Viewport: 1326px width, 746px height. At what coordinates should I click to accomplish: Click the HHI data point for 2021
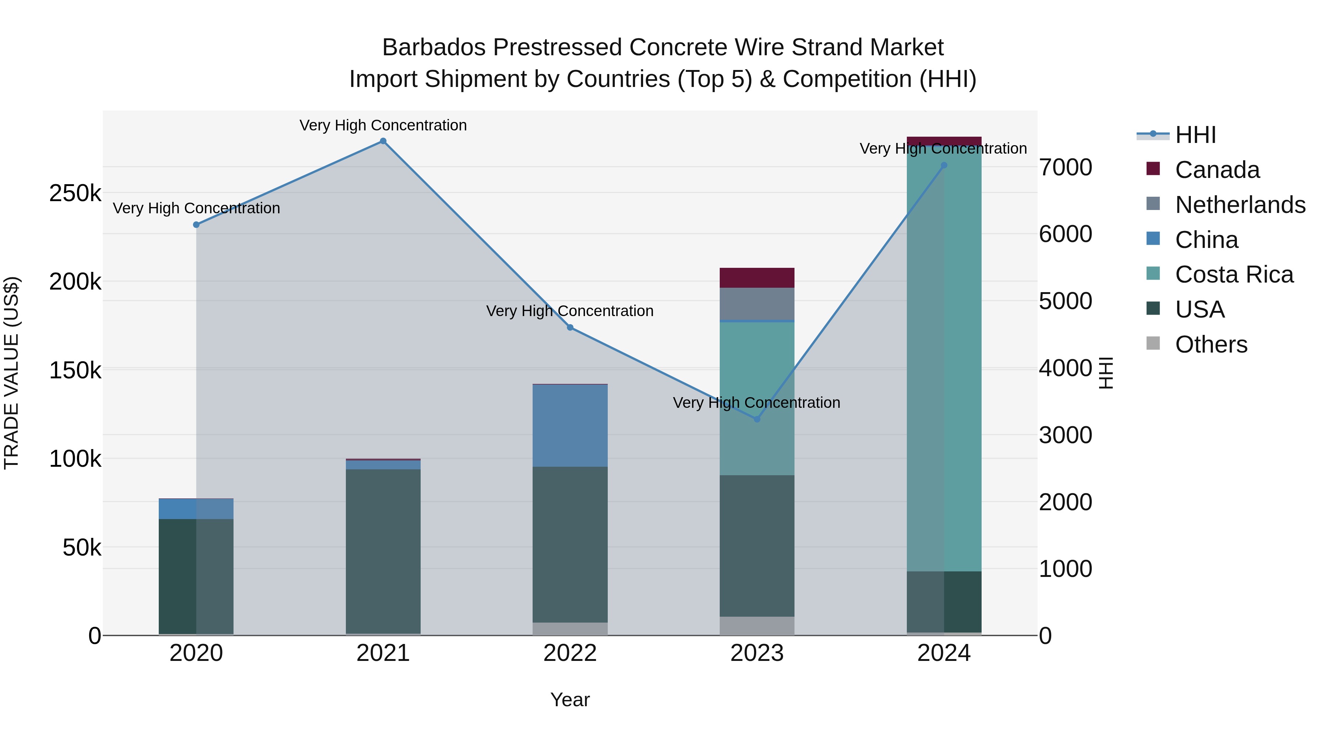coord(383,141)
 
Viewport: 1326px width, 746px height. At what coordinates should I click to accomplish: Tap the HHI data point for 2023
coord(757,419)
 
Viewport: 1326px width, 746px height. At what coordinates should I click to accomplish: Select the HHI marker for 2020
coord(196,224)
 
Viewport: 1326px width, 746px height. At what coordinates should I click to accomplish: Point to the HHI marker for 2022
coord(570,328)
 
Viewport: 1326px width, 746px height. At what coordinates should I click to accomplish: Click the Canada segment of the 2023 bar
coord(757,277)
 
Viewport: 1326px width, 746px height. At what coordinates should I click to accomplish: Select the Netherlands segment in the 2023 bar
coord(757,304)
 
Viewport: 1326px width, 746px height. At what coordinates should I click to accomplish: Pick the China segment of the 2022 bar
coord(570,425)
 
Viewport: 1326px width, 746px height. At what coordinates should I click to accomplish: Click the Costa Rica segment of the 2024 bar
coord(944,360)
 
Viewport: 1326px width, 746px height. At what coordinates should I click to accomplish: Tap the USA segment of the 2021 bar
coord(383,551)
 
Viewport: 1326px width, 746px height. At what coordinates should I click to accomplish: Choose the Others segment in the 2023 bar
coord(757,626)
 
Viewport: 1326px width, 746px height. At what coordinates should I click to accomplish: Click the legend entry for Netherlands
coord(1240,204)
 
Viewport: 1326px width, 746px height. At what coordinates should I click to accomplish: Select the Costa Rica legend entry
coord(1234,274)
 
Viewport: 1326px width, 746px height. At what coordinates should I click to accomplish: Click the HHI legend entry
coord(1195,135)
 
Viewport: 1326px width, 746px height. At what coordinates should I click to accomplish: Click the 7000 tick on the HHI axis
coord(1065,167)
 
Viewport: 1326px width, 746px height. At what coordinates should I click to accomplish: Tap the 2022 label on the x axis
coord(570,653)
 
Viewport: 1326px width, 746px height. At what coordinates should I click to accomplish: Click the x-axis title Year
coord(570,700)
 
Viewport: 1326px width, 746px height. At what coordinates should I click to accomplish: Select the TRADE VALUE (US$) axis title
coord(12,373)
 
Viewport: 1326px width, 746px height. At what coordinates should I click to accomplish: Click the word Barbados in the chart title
coord(434,48)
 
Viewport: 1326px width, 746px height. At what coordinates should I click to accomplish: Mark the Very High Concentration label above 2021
coord(383,125)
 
